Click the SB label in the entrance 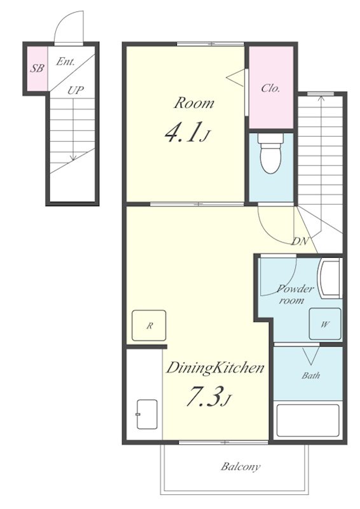pos(38,69)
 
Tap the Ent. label pos(66,61)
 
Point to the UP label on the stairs pos(76,90)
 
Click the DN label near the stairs pos(300,241)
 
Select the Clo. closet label pos(270,88)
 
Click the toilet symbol pos(271,153)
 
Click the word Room pos(194,103)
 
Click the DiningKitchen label pos(215,368)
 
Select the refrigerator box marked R pos(149,325)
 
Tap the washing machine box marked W pos(325,324)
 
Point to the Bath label pos(310,375)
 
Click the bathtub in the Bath pos(308,421)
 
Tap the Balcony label pos(240,467)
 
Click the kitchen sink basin pos(147,414)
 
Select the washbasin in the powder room pos(329,277)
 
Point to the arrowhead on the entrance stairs pos(73,157)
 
